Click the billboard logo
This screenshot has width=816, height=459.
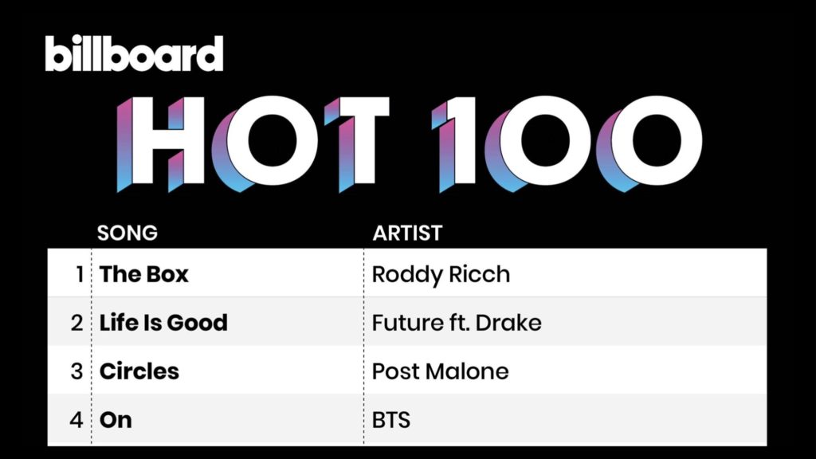pyautogui.click(x=134, y=53)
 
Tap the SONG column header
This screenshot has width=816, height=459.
pyautogui.click(x=127, y=233)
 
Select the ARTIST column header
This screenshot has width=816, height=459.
pyautogui.click(x=407, y=233)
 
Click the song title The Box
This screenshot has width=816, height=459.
pyautogui.click(x=143, y=274)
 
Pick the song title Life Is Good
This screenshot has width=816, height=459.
pyautogui.click(x=163, y=323)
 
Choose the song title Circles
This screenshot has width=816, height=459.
pyautogui.click(x=139, y=371)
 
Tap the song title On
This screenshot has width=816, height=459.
pyautogui.click(x=116, y=420)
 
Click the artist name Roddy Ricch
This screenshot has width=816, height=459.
pyautogui.click(x=441, y=275)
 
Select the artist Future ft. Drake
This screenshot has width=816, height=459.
pyautogui.click(x=457, y=323)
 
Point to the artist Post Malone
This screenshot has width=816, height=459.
pyautogui.click(x=440, y=371)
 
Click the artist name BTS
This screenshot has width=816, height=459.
pyautogui.click(x=391, y=420)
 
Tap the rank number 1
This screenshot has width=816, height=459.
pyautogui.click(x=79, y=274)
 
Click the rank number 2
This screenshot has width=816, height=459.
pyautogui.click(x=77, y=323)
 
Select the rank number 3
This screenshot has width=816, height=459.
pyautogui.click(x=77, y=371)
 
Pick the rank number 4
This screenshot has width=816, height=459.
pyautogui.click(x=76, y=420)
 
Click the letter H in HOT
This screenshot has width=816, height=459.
pyautogui.click(x=160, y=143)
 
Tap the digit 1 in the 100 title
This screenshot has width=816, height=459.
pyautogui.click(x=453, y=143)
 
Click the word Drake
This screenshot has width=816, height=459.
pyautogui.click(x=508, y=323)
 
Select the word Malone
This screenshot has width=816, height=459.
pyautogui.click(x=467, y=371)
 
